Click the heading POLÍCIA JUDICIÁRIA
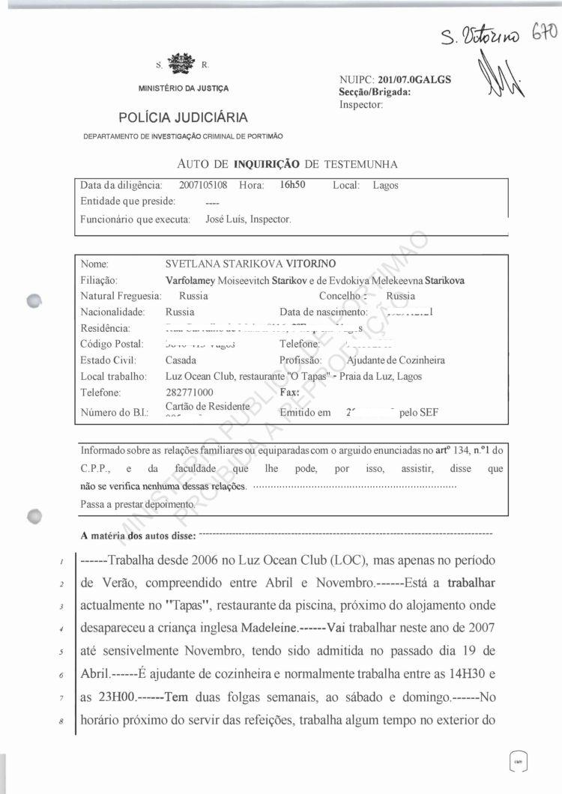pos(183,118)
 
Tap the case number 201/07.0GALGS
pos(415,80)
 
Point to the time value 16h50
pos(291,185)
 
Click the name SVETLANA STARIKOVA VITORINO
pos(250,264)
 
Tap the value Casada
pos(181,360)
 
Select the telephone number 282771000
pos(189,393)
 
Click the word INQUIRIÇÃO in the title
pos(267,163)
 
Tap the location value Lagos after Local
pos(386,185)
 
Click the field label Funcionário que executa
pos(135,219)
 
